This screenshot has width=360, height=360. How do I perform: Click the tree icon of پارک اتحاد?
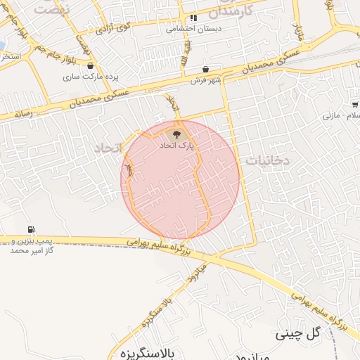176,133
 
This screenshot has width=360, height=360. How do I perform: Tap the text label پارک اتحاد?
175,145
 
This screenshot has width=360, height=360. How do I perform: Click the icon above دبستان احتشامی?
193,18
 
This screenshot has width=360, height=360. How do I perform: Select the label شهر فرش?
205,81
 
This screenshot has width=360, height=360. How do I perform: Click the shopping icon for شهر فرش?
205,70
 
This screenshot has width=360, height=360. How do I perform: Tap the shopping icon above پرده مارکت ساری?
91,65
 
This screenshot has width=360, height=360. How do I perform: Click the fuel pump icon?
30,229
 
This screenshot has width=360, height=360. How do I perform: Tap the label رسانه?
22,112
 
